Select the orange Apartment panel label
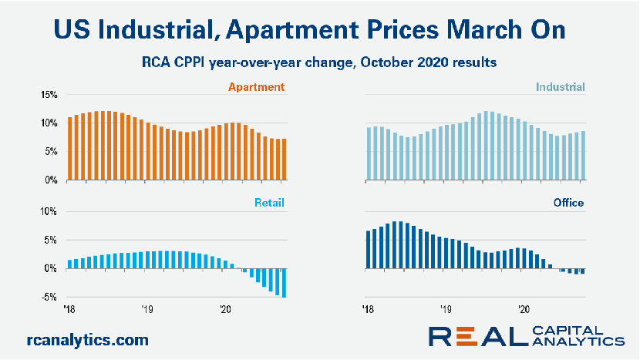[259, 87]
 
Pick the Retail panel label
[270, 204]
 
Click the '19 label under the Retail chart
[147, 310]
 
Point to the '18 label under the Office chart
[369, 310]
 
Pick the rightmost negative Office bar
[582, 271]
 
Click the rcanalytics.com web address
[86, 339]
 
